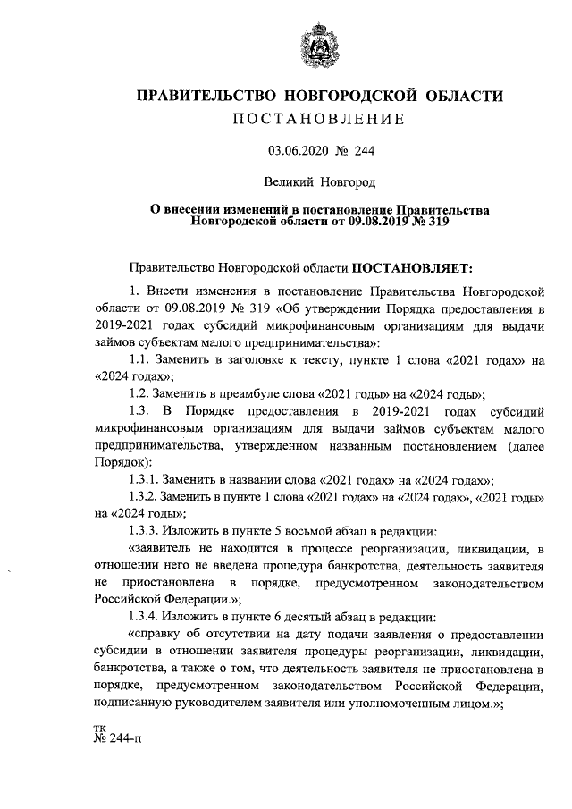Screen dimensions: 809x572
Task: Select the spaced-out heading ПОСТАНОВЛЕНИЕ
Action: pyautogui.click(x=319, y=120)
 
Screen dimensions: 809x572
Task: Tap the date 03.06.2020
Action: pyautogui.click(x=299, y=153)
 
